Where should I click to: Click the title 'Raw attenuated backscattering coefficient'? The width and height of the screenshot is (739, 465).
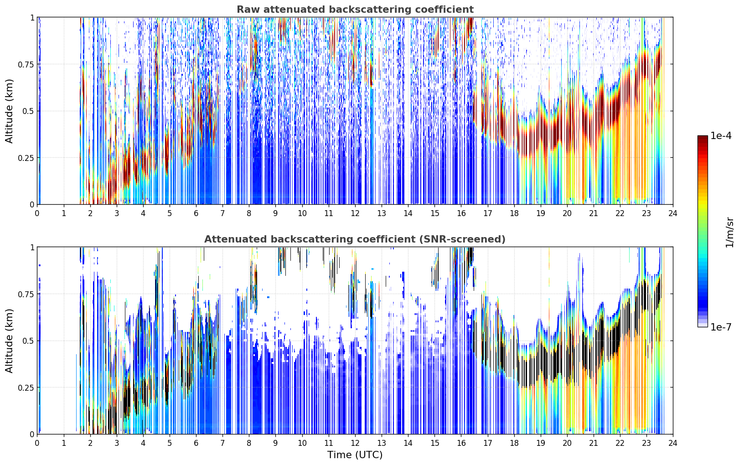point(355,9)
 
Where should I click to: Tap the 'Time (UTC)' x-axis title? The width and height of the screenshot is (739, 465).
point(355,455)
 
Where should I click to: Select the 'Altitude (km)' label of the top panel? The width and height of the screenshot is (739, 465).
point(9,111)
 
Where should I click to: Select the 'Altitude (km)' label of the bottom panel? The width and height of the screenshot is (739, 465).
point(9,341)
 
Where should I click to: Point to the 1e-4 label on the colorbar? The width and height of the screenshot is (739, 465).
point(721,136)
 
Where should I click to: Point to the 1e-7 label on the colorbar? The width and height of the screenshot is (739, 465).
point(721,327)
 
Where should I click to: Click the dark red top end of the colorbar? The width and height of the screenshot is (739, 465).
point(703,137)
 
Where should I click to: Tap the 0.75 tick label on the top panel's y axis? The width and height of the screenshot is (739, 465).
point(26,64)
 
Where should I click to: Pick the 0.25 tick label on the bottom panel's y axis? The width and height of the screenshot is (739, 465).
point(26,388)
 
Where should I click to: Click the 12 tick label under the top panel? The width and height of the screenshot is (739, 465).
point(355,213)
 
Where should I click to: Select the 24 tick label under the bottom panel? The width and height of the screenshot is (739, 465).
point(673,443)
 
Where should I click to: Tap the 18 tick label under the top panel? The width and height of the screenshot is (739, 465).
point(514,213)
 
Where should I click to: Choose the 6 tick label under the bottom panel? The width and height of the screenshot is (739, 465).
point(196,443)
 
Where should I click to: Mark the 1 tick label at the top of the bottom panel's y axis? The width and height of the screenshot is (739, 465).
point(32,248)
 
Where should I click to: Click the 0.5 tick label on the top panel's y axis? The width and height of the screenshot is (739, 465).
point(28,111)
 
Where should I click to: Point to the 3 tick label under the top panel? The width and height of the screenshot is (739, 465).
point(116,213)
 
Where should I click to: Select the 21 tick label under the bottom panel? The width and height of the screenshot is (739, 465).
point(594,443)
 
